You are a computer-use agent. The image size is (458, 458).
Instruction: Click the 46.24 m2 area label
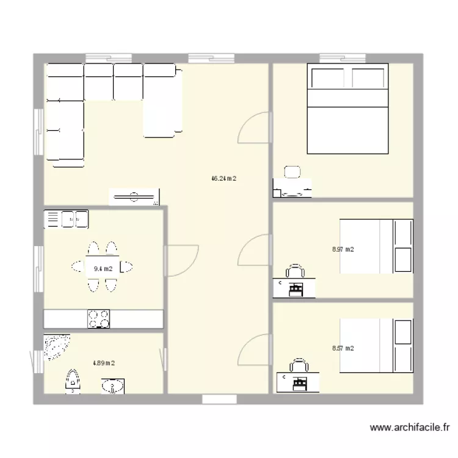pos(224,178)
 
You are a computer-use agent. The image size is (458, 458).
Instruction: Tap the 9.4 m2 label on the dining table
pos(103,269)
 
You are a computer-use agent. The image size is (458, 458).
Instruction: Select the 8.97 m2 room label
pos(343,249)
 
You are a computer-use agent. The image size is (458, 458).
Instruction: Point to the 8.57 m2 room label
pos(343,348)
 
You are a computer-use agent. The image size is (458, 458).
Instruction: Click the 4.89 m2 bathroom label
pos(104,363)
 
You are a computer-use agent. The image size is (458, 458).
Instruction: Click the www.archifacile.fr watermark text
pos(410,427)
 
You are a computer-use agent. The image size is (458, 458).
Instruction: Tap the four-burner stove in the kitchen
pos(99,319)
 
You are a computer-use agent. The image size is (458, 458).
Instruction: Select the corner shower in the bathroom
pos(56,346)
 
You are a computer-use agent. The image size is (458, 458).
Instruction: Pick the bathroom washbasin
pos(113,386)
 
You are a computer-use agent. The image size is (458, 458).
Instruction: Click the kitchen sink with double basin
pos(66,219)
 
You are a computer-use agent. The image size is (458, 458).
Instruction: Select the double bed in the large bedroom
pos(347,109)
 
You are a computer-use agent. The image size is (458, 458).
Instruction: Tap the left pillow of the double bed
pos(328,78)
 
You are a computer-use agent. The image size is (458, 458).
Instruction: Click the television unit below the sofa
pos(134,197)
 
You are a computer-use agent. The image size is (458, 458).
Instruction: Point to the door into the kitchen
pos(181,261)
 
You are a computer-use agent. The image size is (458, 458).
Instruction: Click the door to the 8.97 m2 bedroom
pos(253,250)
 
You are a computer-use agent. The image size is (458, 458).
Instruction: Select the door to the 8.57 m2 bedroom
pos(253,350)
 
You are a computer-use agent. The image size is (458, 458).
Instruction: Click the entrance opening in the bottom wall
pos(219,399)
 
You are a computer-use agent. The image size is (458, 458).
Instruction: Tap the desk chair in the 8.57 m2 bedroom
pos(299,365)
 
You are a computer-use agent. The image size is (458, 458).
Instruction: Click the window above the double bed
pos(343,58)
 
